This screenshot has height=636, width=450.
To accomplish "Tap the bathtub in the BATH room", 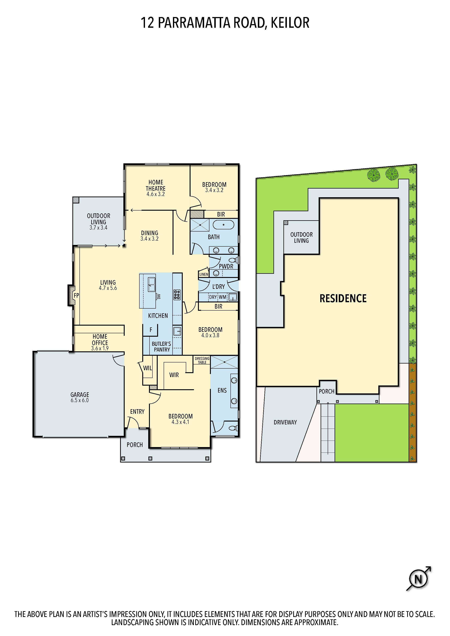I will [224, 225].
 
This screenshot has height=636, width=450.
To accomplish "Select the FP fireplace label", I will [76, 296].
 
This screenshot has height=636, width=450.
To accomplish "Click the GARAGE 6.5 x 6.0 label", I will [80, 397].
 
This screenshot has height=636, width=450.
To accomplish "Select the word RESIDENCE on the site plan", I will [343, 299].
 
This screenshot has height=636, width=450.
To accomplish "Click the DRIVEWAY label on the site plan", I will [285, 422].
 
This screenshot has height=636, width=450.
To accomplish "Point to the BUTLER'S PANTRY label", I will [162, 346].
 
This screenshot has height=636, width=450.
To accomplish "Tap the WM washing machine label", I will [222, 297].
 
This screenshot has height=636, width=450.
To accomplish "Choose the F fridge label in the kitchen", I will [151, 330].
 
